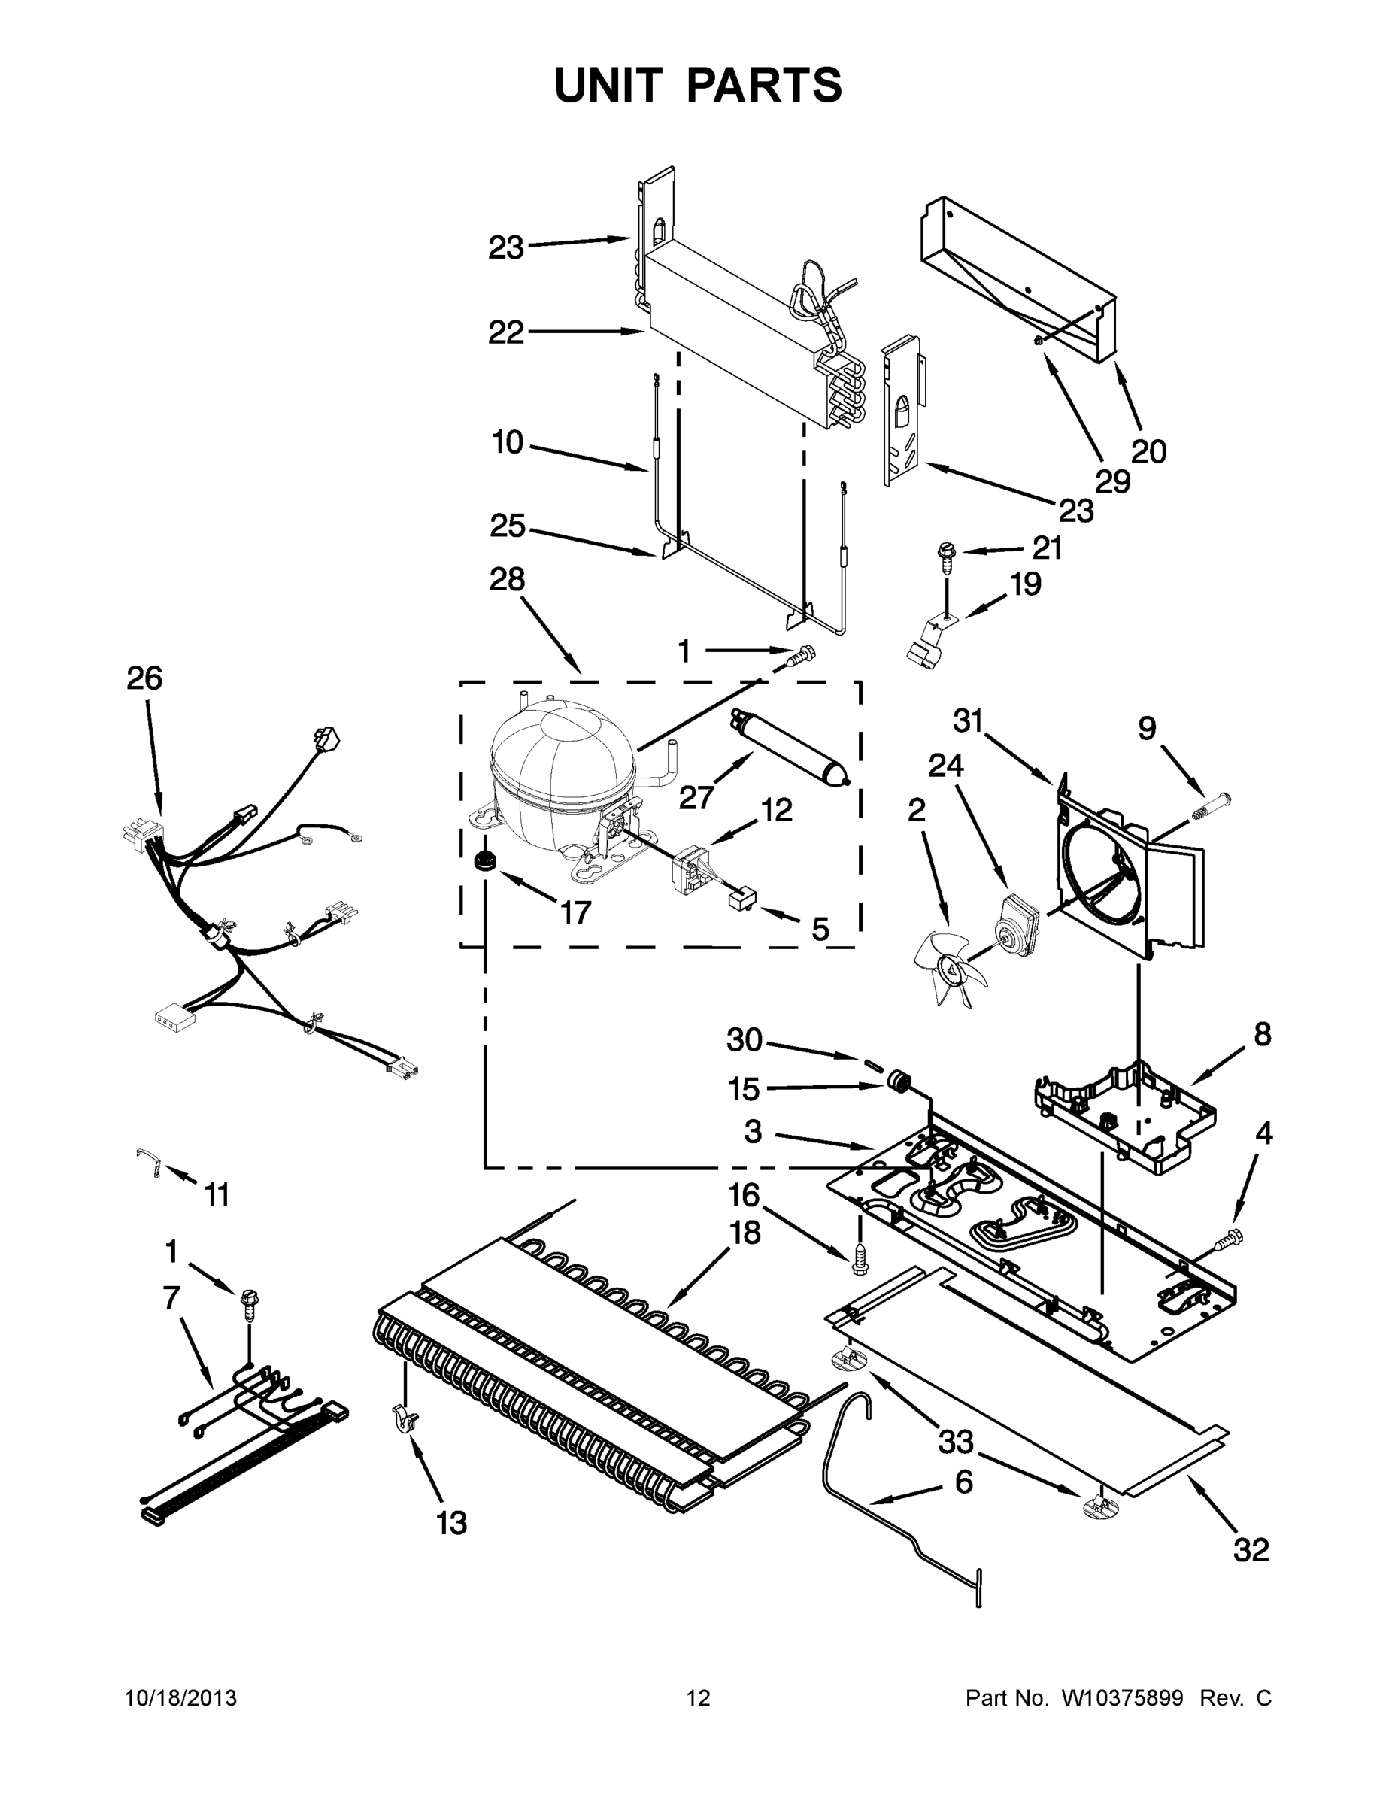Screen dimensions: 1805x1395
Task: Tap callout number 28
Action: point(507,579)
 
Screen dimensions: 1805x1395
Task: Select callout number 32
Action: point(1251,1549)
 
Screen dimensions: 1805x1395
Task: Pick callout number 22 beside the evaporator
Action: point(506,333)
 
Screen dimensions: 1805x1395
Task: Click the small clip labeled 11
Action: point(150,1161)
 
